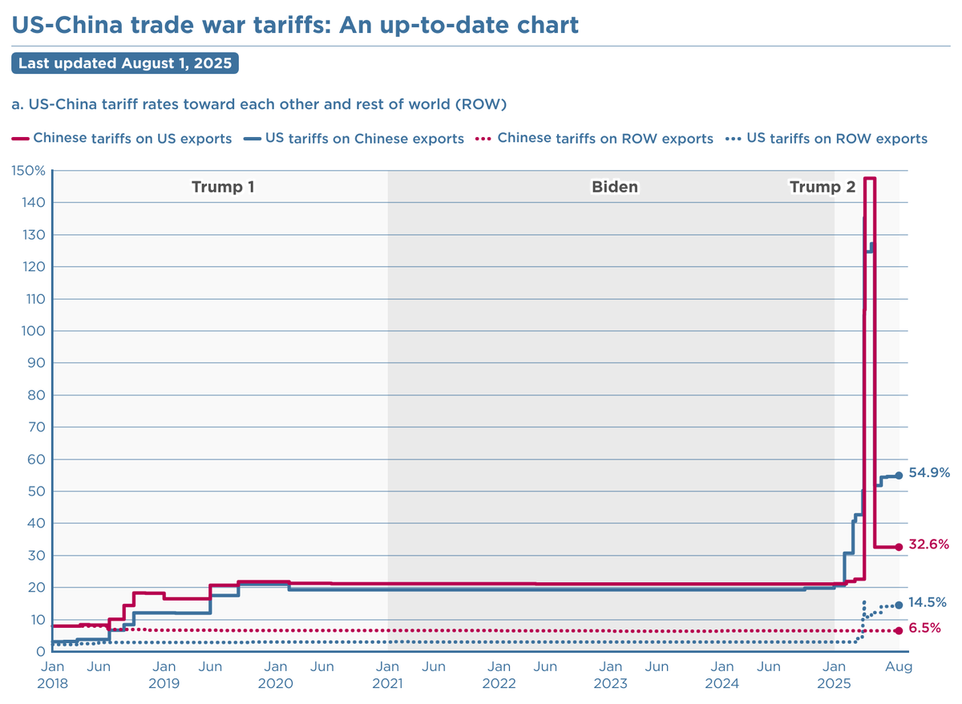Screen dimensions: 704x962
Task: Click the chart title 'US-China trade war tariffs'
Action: tap(294, 24)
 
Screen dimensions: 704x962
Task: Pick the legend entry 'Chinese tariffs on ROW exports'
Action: tap(605, 139)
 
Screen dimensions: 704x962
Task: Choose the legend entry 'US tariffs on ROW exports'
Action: tap(836, 139)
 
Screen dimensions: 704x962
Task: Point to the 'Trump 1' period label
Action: tap(223, 188)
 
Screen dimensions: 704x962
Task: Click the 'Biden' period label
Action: tap(615, 188)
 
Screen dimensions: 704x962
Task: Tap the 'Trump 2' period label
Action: tap(823, 188)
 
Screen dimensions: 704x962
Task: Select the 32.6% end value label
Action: tap(929, 544)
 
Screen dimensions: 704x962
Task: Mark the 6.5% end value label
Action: tap(924, 629)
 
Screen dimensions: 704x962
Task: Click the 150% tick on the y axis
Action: tap(28, 171)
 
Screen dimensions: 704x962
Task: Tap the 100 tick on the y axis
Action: tap(31, 331)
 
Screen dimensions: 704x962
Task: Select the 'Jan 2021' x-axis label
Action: tap(387, 675)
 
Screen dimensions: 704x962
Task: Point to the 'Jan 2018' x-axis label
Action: tap(52, 675)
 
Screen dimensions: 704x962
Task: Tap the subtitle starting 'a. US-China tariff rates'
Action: tap(259, 104)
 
